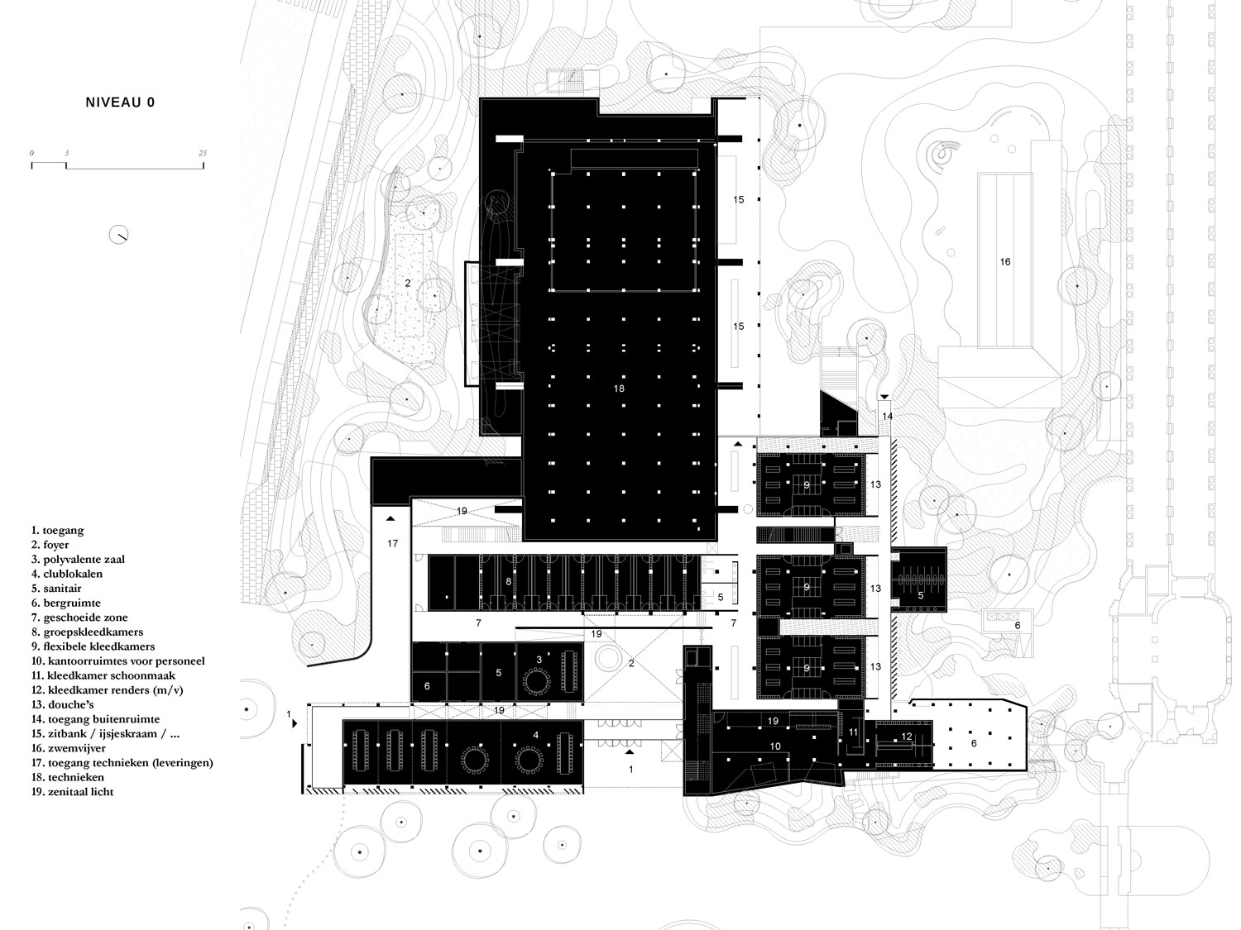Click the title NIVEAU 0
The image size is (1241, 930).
coord(120,103)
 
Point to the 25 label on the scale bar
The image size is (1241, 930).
coord(203,153)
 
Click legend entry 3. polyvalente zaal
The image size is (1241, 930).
coord(78,559)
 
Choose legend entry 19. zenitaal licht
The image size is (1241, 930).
coord(72,792)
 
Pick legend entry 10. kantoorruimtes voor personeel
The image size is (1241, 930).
coord(118,661)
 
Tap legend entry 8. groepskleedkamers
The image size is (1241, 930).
coord(88,632)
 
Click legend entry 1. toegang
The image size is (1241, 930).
coord(58,531)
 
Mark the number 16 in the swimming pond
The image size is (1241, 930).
coord(1004,261)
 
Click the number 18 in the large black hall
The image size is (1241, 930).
coord(619,389)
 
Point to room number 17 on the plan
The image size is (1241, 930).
coord(392,543)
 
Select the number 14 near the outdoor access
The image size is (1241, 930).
coord(887,416)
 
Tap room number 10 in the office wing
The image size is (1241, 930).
coord(775,746)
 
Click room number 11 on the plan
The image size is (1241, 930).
coord(853,732)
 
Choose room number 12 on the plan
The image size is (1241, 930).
coord(907,737)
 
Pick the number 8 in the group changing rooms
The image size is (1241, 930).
coord(508,581)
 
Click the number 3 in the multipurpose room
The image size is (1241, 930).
coord(539,659)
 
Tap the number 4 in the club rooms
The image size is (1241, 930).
coord(535,735)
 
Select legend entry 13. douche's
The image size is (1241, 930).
coord(63,704)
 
